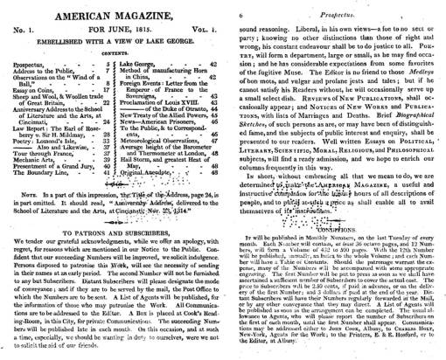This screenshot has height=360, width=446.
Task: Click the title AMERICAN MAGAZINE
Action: pyautogui.click(x=110, y=10)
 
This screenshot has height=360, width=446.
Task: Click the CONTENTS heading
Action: pyautogui.click(x=110, y=54)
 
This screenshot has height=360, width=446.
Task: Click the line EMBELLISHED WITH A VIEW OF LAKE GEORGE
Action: pyautogui.click(x=110, y=41)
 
